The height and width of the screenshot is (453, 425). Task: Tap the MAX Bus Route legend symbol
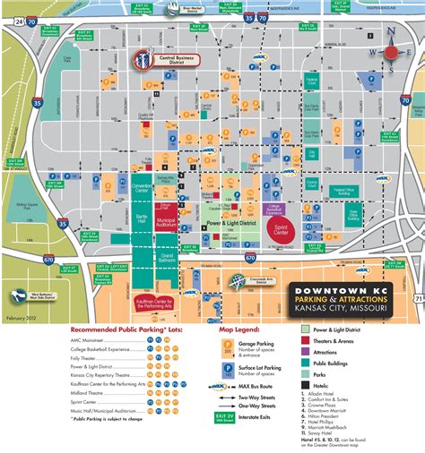[x=224, y=386]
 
